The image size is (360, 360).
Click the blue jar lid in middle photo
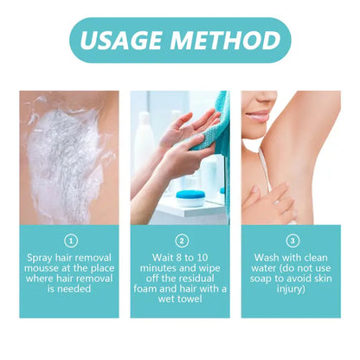tap(190, 198)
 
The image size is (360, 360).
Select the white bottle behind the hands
tap(145, 147)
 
